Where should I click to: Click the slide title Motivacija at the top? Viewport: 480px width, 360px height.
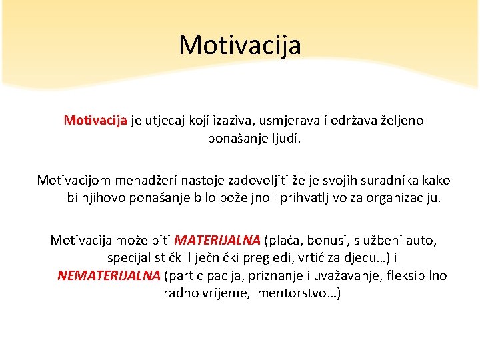240,45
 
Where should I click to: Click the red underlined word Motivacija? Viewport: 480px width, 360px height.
95,121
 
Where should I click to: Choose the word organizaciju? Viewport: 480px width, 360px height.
405,198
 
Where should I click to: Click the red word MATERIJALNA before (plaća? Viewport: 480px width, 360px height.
217,239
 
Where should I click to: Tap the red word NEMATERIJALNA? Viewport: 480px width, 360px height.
109,275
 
